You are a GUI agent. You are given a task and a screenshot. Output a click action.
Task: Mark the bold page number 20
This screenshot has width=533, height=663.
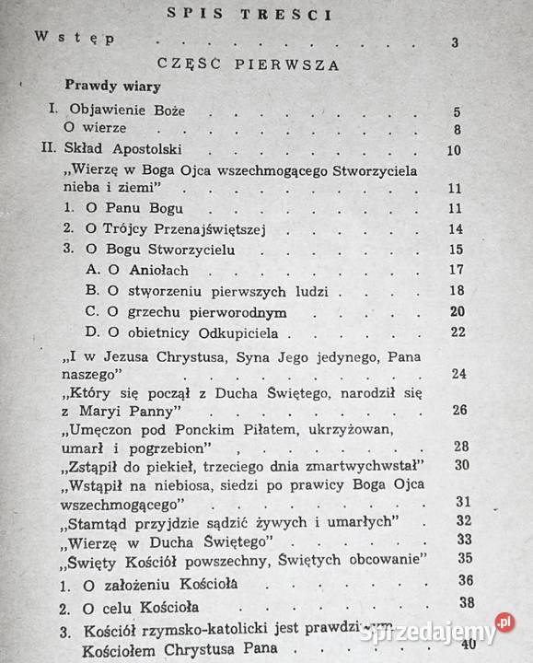[456, 310]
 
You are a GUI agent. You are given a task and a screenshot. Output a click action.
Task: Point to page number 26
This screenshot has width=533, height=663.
[459, 410]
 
